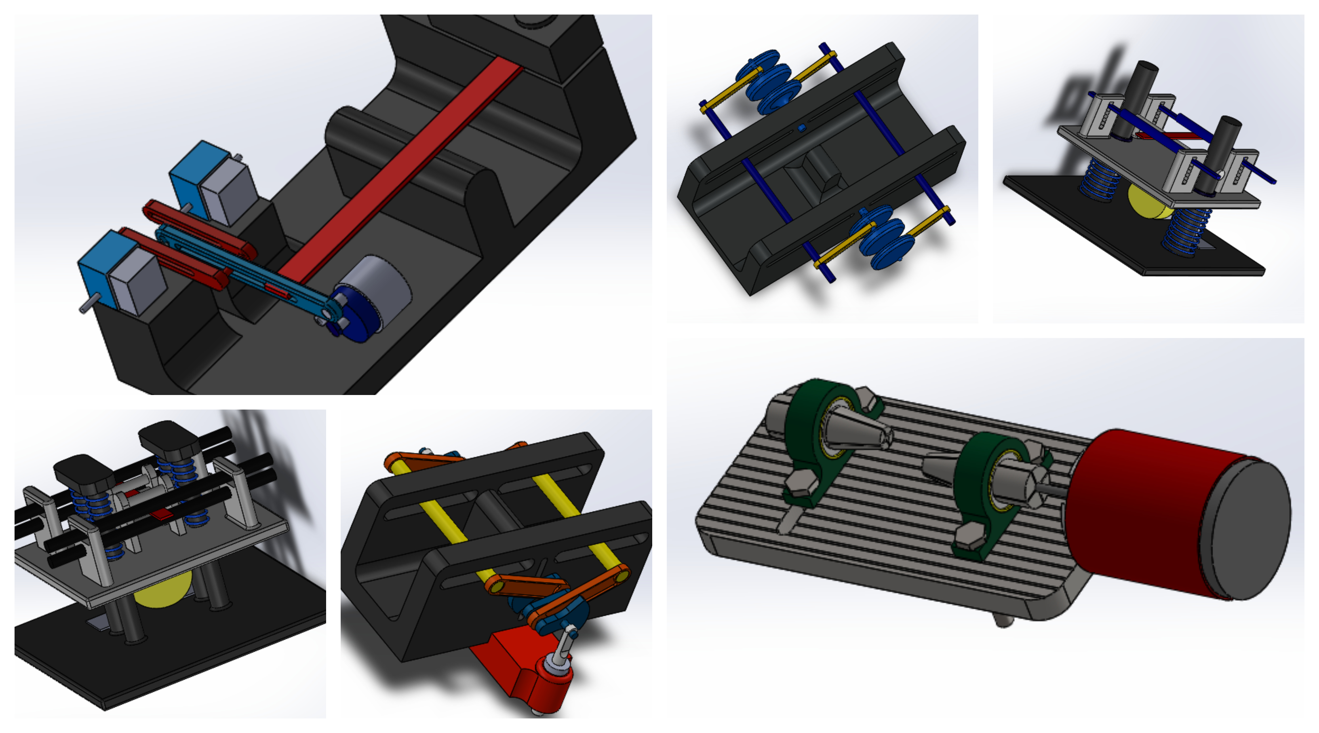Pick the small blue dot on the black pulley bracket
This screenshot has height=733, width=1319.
pyautogui.click(x=802, y=127)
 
